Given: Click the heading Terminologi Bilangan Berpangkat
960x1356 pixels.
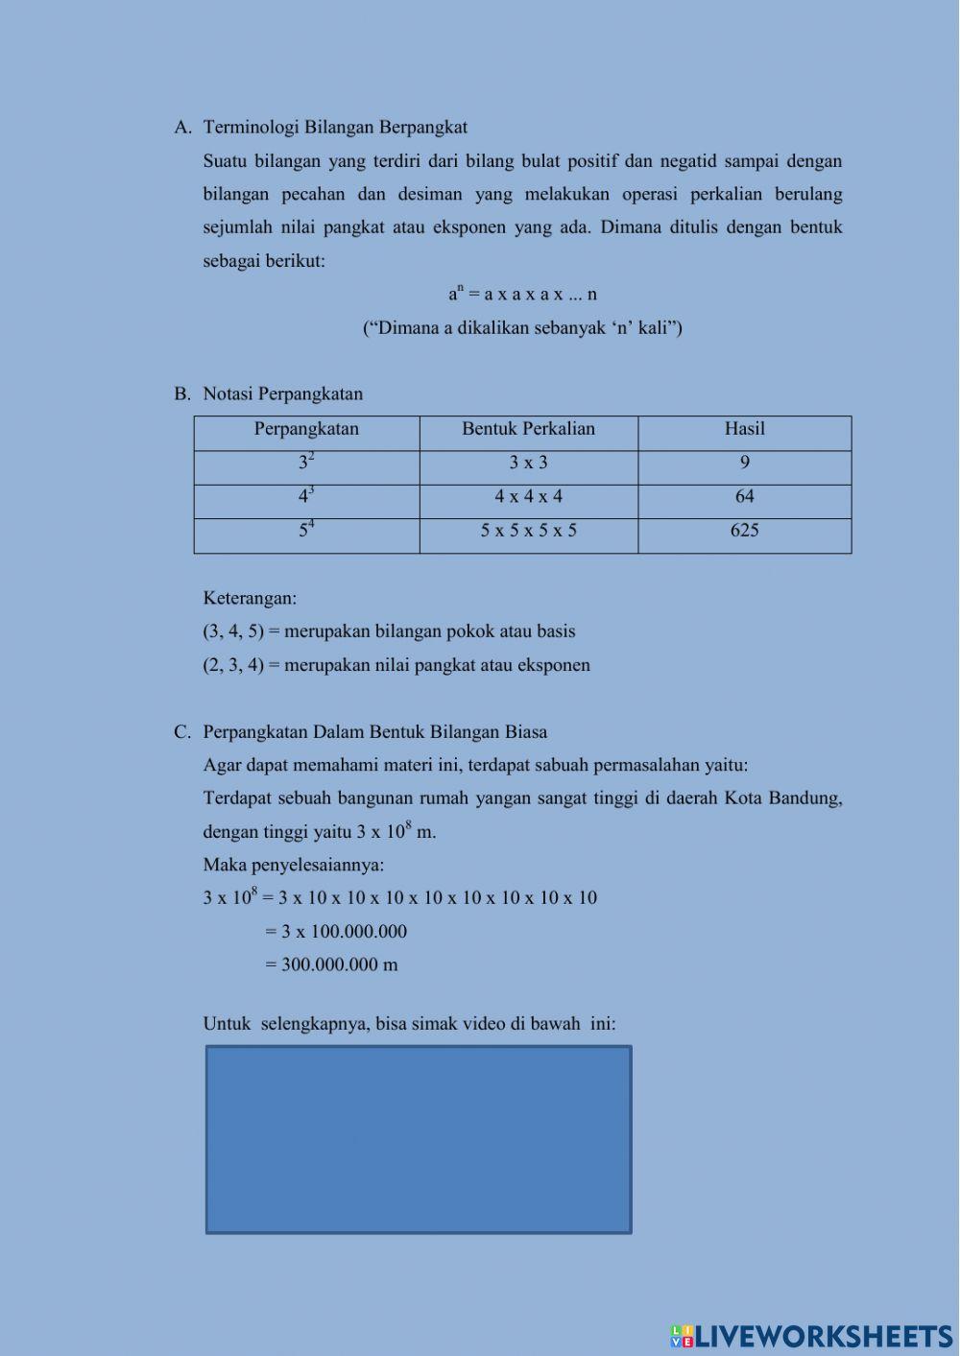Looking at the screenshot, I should tap(335, 127).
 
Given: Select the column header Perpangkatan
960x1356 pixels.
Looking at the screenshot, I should tap(306, 429).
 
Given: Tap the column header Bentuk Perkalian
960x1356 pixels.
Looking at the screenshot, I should tap(528, 429).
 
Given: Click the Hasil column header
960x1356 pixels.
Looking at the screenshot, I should tap(744, 429).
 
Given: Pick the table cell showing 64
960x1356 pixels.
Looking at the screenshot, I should tap(744, 497).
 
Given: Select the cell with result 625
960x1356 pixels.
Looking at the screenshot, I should tap(744, 531).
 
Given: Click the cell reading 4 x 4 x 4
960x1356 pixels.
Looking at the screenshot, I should tap(528, 497).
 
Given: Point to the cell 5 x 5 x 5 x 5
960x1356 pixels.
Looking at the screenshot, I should tap(528, 531).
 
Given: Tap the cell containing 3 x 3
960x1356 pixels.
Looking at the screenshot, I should tap(528, 464).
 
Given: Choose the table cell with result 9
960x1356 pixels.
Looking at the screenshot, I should tap(744, 464).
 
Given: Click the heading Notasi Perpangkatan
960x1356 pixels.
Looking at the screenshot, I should tap(282, 393).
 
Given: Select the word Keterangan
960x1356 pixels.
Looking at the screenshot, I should tap(250, 599).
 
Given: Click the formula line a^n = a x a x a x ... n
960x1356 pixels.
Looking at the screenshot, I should tap(522, 294).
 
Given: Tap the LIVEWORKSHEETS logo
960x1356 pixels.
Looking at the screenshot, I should tap(811, 1336).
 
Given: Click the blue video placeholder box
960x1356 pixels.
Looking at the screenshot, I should tap(419, 1139).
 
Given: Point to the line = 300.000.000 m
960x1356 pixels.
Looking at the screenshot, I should tap(331, 964).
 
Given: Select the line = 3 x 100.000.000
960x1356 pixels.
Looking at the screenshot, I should tap(336, 931).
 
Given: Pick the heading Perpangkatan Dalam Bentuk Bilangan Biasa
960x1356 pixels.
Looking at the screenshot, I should tap(374, 732).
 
